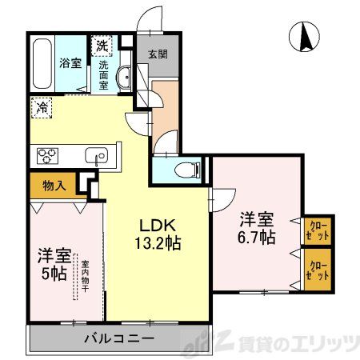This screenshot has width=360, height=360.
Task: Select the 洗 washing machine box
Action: point(103,45)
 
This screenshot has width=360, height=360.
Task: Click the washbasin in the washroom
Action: point(124,78)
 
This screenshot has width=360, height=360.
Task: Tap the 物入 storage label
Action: point(54,186)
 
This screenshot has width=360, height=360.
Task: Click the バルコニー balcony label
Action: point(120,338)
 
